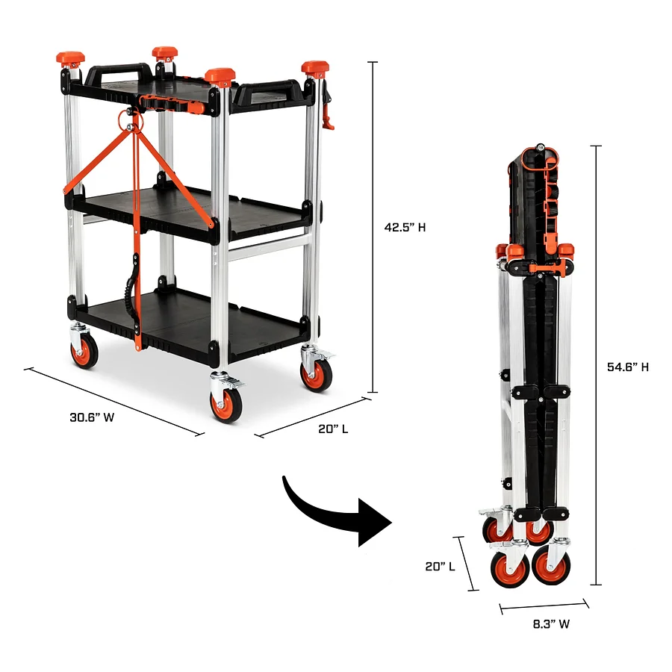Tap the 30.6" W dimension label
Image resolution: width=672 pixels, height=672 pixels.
point(92,417)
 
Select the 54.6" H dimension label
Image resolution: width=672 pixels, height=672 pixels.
point(628,367)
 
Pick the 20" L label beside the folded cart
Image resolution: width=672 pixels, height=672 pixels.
point(441,566)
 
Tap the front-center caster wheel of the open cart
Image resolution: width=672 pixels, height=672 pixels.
point(226,404)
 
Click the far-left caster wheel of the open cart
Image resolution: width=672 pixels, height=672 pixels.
point(84,351)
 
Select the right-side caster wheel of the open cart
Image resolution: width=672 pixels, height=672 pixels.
point(317,374)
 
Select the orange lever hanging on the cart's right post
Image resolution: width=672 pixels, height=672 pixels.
point(327,112)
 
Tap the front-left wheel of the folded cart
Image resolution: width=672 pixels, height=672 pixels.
point(510,569)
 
